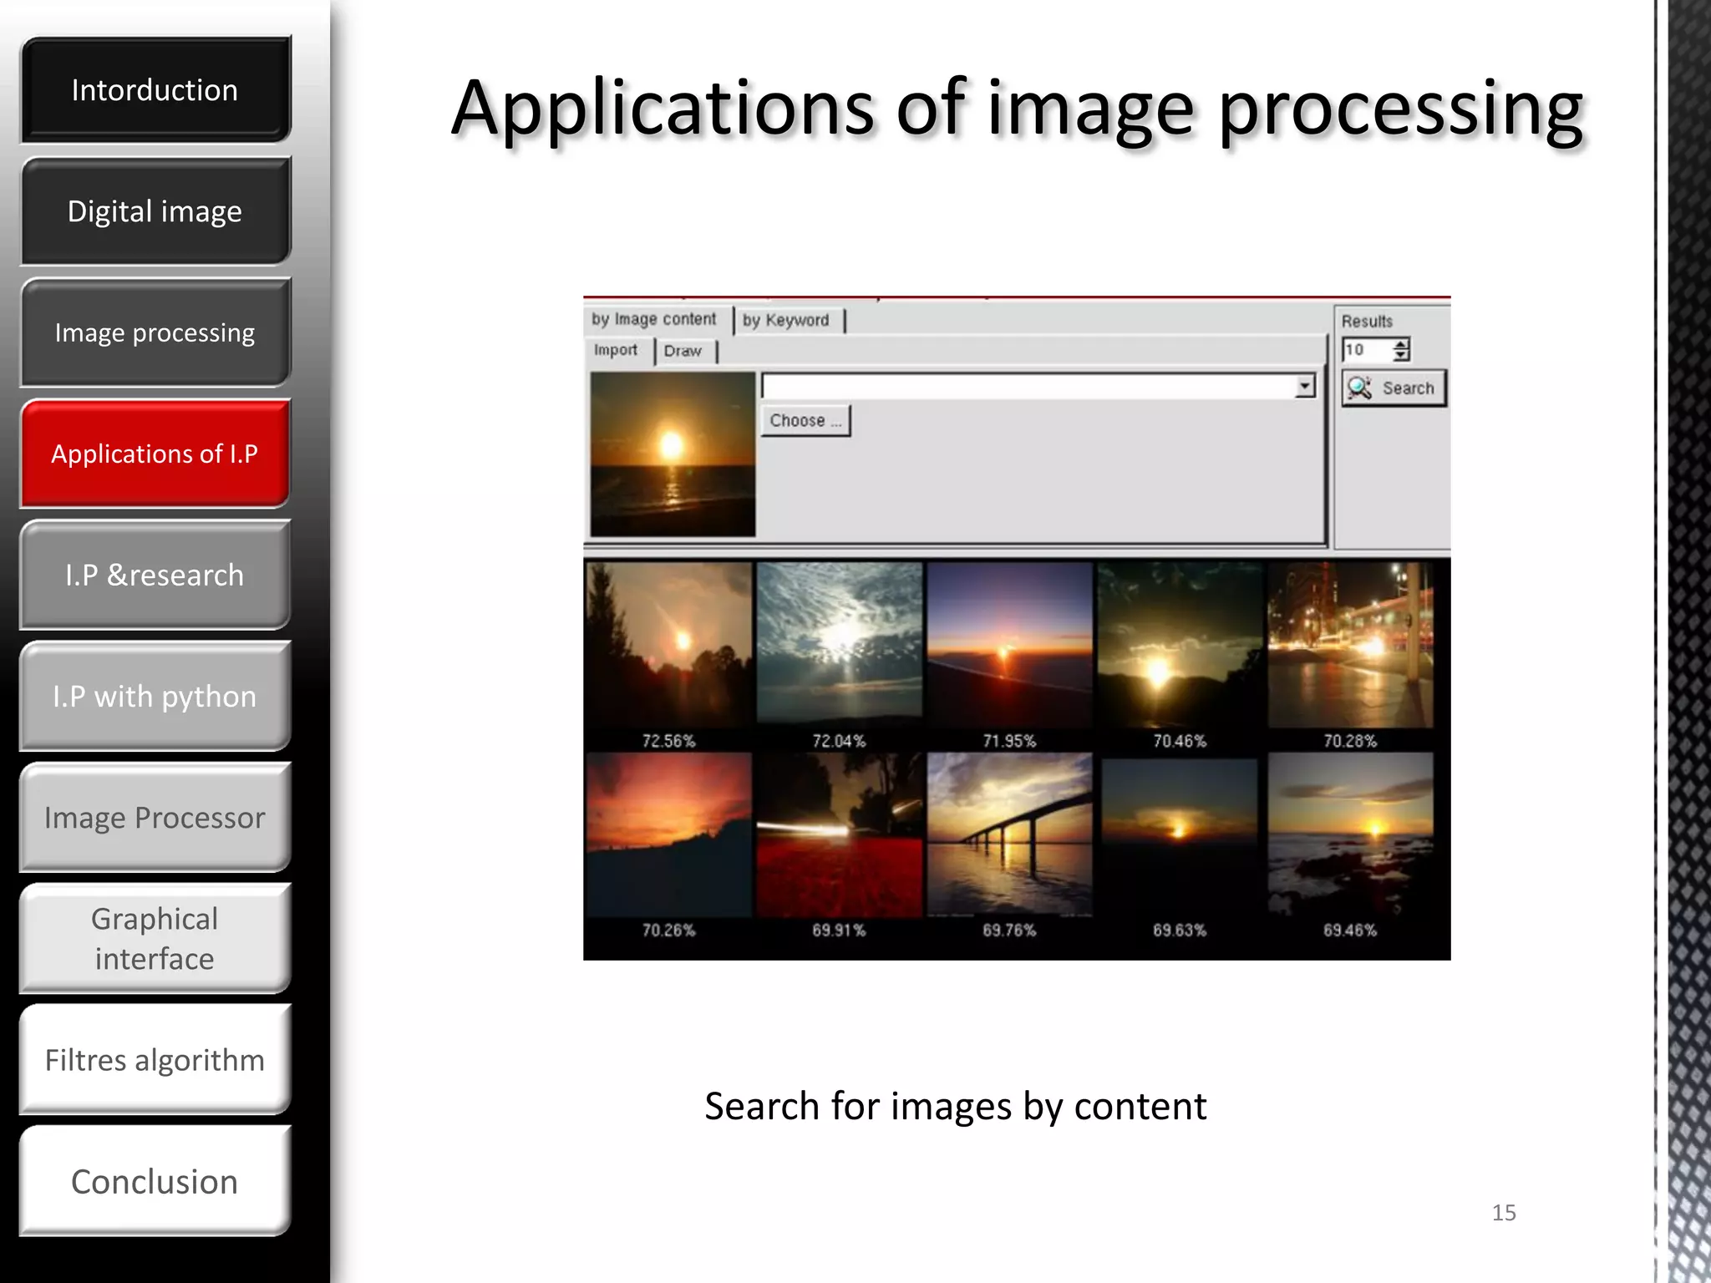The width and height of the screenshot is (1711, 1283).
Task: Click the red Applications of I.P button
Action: point(155,454)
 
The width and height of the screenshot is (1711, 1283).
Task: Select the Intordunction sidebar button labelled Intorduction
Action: point(155,89)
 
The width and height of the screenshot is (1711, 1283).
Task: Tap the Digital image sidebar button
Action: point(155,211)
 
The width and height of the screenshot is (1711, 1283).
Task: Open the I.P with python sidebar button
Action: point(155,696)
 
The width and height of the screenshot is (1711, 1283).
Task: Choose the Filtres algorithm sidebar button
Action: point(155,1060)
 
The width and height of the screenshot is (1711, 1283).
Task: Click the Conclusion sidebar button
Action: point(155,1181)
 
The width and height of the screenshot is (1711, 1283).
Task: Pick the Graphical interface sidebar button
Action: point(155,938)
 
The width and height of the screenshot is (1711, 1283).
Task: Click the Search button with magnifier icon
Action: point(1394,388)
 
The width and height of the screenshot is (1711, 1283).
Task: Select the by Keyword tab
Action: point(786,320)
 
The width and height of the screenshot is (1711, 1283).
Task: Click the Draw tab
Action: point(683,351)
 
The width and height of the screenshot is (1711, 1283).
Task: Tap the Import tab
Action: point(616,350)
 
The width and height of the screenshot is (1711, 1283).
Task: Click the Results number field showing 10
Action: point(1367,350)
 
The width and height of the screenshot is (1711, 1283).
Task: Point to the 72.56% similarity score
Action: point(668,741)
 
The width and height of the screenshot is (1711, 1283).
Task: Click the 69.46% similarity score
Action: point(1350,930)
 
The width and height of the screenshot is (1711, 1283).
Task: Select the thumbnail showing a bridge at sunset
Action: point(1009,834)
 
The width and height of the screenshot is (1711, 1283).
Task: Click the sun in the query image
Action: point(672,444)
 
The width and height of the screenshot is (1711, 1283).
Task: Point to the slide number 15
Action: point(1504,1212)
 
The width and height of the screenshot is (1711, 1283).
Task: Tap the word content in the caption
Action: point(1140,1106)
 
